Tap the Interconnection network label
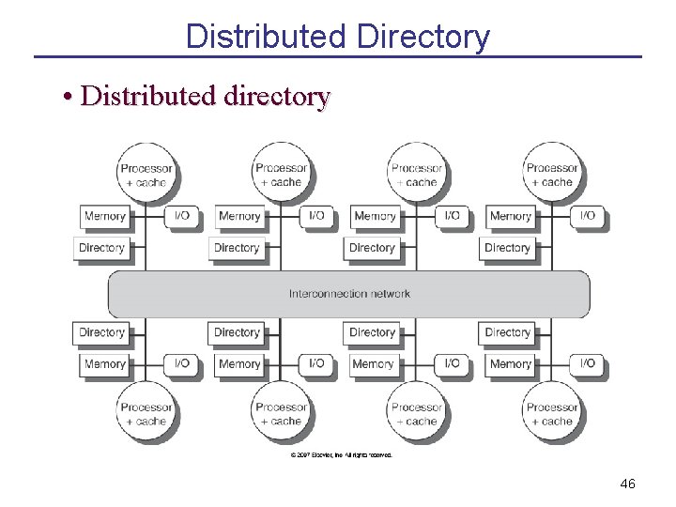(349, 294)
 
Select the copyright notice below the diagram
(342, 455)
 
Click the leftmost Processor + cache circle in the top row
(146, 175)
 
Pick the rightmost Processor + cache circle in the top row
(552, 175)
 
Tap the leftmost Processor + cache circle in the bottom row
(146, 414)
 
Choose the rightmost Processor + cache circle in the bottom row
(552, 414)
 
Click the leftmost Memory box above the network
(104, 216)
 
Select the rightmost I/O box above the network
(587, 216)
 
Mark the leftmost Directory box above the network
(101, 248)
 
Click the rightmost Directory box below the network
(507, 332)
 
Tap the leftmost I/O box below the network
(181, 363)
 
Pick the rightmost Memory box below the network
(510, 363)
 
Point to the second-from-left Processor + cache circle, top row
(282, 175)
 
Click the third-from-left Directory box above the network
(372, 248)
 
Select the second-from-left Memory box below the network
(239, 363)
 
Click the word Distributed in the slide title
(266, 38)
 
